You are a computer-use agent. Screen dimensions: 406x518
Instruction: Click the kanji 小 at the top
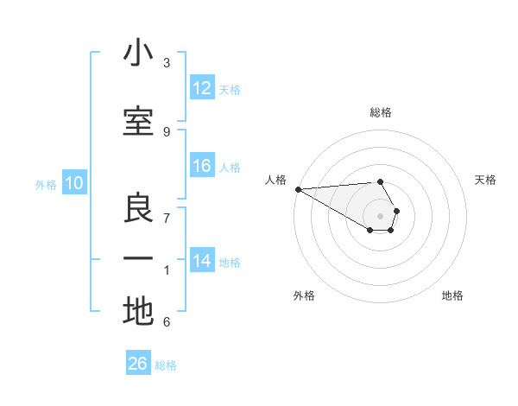click(x=138, y=54)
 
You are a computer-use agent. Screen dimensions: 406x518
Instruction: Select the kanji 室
click(x=138, y=121)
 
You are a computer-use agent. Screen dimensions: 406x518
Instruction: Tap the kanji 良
click(x=138, y=208)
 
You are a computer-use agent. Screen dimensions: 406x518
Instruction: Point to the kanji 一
click(x=138, y=258)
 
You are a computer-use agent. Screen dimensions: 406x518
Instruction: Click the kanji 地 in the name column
click(x=138, y=311)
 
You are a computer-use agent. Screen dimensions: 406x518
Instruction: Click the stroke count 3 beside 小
click(x=167, y=63)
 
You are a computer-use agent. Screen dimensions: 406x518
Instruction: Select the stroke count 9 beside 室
click(x=167, y=131)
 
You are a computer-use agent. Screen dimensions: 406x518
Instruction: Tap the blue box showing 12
click(x=202, y=88)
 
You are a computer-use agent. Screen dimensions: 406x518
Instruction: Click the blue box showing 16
click(x=202, y=166)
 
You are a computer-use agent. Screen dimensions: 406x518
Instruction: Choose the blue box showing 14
click(x=202, y=261)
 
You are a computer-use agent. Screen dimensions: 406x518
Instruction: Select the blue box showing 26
click(x=138, y=364)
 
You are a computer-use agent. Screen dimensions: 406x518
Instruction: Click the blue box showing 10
click(x=74, y=183)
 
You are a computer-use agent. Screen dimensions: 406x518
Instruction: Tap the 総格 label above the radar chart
click(x=381, y=112)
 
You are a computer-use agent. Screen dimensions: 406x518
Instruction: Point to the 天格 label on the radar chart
click(x=486, y=180)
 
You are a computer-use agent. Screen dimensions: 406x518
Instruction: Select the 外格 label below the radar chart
click(x=304, y=295)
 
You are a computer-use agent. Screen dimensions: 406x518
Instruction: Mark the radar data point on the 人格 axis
click(x=298, y=189)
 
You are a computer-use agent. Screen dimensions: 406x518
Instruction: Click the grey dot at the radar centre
click(x=381, y=215)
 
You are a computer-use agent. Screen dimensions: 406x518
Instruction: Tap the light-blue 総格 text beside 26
click(x=166, y=365)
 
